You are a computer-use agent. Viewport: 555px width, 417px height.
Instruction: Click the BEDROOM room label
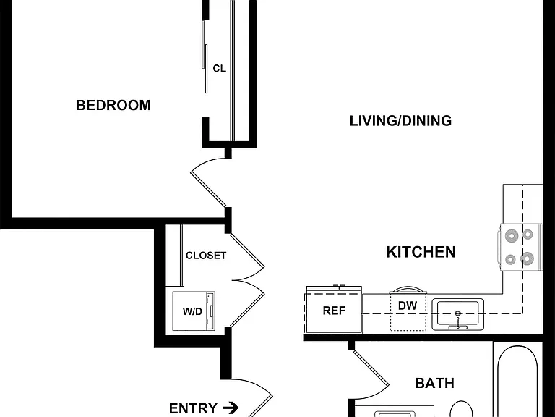[113, 105]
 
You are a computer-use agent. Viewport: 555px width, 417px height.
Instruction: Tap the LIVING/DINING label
[400, 121]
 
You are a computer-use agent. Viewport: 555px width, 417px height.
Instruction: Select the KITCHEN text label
[421, 252]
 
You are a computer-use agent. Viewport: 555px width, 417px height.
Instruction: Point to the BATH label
[434, 383]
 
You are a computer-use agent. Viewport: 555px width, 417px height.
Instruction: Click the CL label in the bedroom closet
[219, 69]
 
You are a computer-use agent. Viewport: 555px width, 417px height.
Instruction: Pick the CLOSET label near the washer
[206, 256]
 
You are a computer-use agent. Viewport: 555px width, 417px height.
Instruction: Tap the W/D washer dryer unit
[193, 311]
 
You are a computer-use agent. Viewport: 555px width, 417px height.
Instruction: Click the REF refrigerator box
[334, 309]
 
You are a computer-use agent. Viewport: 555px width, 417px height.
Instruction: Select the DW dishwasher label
[408, 306]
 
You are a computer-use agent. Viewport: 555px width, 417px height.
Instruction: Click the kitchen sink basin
[457, 313]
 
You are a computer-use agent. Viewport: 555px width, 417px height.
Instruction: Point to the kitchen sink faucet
[457, 319]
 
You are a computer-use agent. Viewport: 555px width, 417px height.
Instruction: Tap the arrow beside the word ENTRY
[231, 408]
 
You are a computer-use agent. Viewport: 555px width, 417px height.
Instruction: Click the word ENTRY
[193, 408]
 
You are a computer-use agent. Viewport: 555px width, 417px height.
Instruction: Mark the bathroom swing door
[371, 368]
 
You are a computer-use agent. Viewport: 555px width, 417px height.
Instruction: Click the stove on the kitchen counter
[520, 247]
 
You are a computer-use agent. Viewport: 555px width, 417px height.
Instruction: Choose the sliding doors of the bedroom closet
[205, 56]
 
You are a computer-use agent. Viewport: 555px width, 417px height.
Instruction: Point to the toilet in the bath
[462, 409]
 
